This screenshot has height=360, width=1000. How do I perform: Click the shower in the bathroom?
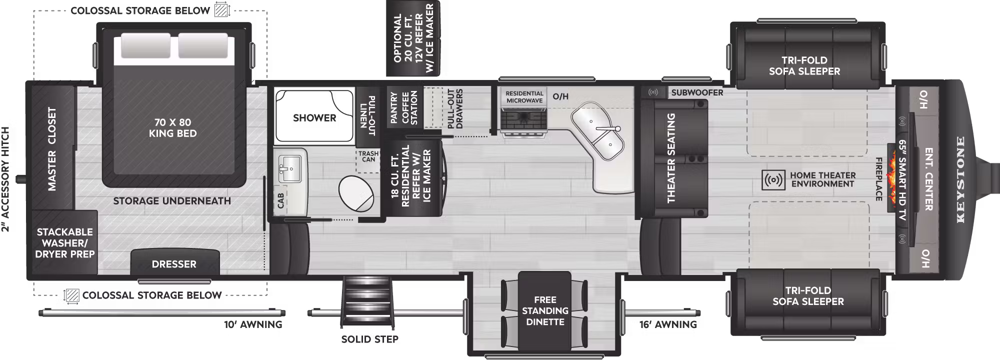pyautogui.click(x=314, y=116)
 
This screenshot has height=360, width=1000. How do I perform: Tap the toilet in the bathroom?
pyautogui.click(x=356, y=194)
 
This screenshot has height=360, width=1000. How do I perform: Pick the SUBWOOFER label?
pyautogui.click(x=697, y=92)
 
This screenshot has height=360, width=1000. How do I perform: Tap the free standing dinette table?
pyautogui.click(x=544, y=310)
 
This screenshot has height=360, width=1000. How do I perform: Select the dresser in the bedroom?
pyautogui.click(x=174, y=262)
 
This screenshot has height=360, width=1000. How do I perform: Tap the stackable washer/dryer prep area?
pyautogui.click(x=64, y=243)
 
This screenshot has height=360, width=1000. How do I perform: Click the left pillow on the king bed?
pyautogui.click(x=138, y=46)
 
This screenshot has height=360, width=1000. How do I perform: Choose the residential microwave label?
pyautogui.click(x=524, y=97)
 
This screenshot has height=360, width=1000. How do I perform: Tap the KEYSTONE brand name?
pyautogui.click(x=960, y=179)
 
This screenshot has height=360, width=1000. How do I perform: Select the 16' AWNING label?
pyautogui.click(x=668, y=324)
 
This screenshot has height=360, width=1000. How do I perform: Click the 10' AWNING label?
pyautogui.click(x=253, y=324)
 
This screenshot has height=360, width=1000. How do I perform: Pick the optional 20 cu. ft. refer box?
pyautogui.click(x=413, y=38)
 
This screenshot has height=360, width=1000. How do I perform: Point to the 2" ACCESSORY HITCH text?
pyautogui.click(x=5, y=179)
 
